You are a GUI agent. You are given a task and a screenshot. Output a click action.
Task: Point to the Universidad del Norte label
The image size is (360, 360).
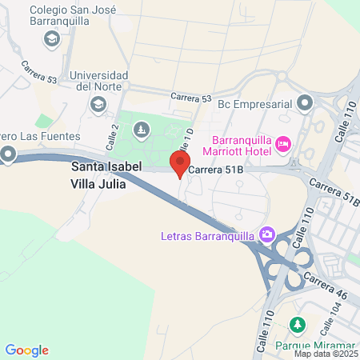[98, 81]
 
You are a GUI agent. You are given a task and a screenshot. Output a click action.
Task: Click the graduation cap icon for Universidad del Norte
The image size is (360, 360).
[98, 104]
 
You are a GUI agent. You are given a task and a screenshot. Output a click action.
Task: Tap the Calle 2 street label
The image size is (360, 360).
[113, 136]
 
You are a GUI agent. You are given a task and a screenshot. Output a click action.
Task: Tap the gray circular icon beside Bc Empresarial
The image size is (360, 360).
[305, 102]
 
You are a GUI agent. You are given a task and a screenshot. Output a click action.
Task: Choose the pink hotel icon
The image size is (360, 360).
[282, 144]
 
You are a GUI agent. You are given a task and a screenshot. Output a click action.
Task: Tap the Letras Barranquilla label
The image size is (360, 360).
[206, 235]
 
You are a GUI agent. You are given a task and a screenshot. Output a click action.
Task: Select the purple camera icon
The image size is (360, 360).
[266, 234]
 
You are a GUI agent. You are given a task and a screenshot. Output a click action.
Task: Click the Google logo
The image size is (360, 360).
[27, 350]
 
